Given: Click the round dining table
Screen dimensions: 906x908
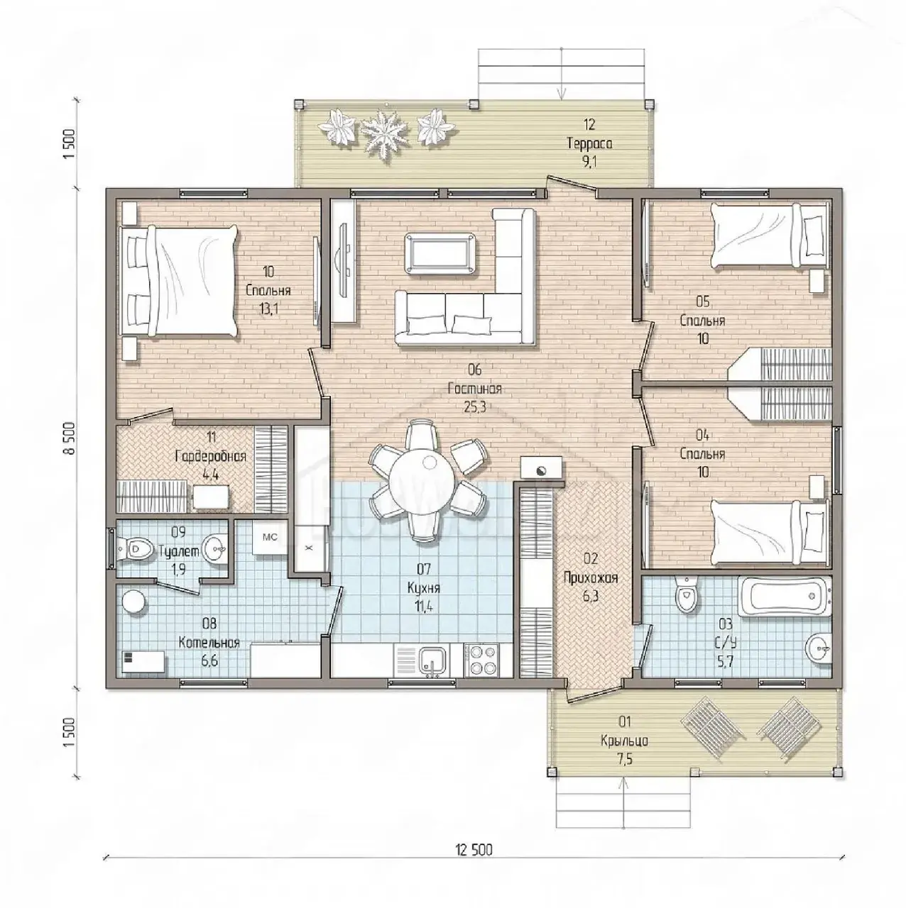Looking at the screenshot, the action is (422, 480).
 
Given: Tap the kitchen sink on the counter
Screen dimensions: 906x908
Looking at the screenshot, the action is (433, 660).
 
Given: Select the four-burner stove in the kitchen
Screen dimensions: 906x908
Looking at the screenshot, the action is (481, 660).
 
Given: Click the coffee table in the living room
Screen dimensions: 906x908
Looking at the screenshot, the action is (440, 253).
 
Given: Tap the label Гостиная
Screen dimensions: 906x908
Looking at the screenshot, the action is (475, 389).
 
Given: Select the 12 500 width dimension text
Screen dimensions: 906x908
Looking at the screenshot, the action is (474, 757).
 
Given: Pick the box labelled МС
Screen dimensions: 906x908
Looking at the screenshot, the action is (270, 537).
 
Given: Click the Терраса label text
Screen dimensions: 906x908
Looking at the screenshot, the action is (589, 143).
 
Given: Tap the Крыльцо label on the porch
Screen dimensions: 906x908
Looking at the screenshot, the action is (624, 741).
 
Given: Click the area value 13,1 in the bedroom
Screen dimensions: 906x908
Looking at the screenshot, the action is (268, 309).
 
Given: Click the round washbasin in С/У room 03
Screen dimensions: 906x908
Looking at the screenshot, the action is (818, 649).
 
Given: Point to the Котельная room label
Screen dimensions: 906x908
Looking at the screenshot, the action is (209, 643).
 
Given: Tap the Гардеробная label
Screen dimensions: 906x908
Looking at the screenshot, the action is (211, 457).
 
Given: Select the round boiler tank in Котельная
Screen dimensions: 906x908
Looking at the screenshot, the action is (136, 604).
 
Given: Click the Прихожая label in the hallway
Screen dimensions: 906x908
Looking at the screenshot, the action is (591, 578).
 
